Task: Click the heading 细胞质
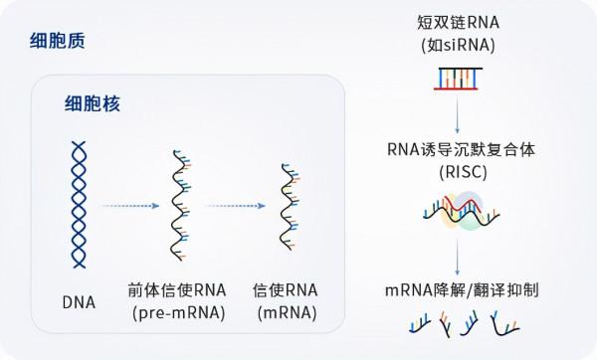coord(57,42)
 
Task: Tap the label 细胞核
coord(92,102)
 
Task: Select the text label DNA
coord(77,299)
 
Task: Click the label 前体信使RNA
coord(177,290)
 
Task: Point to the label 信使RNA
coord(287,290)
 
